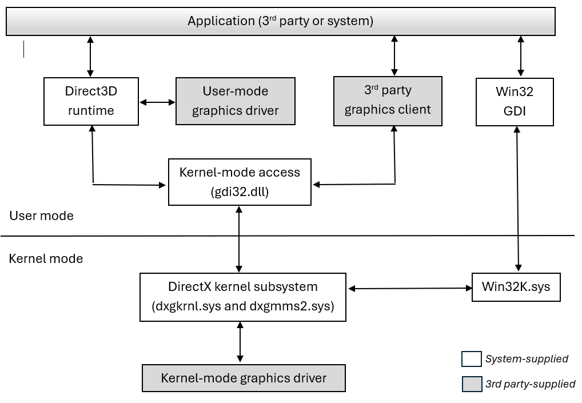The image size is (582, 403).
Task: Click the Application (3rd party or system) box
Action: pos(280,22)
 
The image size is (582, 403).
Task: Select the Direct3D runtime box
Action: pos(91,101)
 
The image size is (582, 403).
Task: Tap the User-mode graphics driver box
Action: pos(235,101)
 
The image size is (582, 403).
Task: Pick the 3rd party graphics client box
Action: pos(388,101)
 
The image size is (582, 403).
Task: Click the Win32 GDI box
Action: pos(515,101)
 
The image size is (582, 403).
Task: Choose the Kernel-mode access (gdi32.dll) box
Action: pos(240,182)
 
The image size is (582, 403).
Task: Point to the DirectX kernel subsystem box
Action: pos(243,297)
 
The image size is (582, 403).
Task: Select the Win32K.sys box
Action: pos(516,286)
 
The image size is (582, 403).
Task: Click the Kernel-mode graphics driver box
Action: pos(244,378)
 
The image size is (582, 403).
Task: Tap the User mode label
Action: pos(41,216)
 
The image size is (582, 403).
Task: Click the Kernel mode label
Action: pos(46,258)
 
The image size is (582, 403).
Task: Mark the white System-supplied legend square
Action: pos(471,359)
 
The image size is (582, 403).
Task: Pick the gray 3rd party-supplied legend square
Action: pos(471,384)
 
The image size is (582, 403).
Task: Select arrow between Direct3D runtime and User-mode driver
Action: pos(157,102)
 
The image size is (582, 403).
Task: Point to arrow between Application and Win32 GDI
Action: pos(520,56)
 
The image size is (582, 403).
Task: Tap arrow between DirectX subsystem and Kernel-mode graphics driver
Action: pos(240,342)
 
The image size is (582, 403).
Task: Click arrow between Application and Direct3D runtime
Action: pos(90,56)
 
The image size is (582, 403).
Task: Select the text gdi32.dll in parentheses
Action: pos(240,193)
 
